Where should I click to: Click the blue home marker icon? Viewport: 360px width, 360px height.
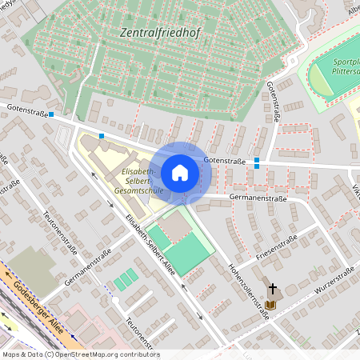(x=180, y=172)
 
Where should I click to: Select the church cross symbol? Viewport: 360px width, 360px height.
(x=273, y=289)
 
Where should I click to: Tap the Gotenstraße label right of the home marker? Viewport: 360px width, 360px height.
(x=224, y=161)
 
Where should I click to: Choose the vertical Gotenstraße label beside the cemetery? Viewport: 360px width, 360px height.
(x=273, y=100)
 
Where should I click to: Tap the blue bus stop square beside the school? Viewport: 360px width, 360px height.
(x=102, y=136)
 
